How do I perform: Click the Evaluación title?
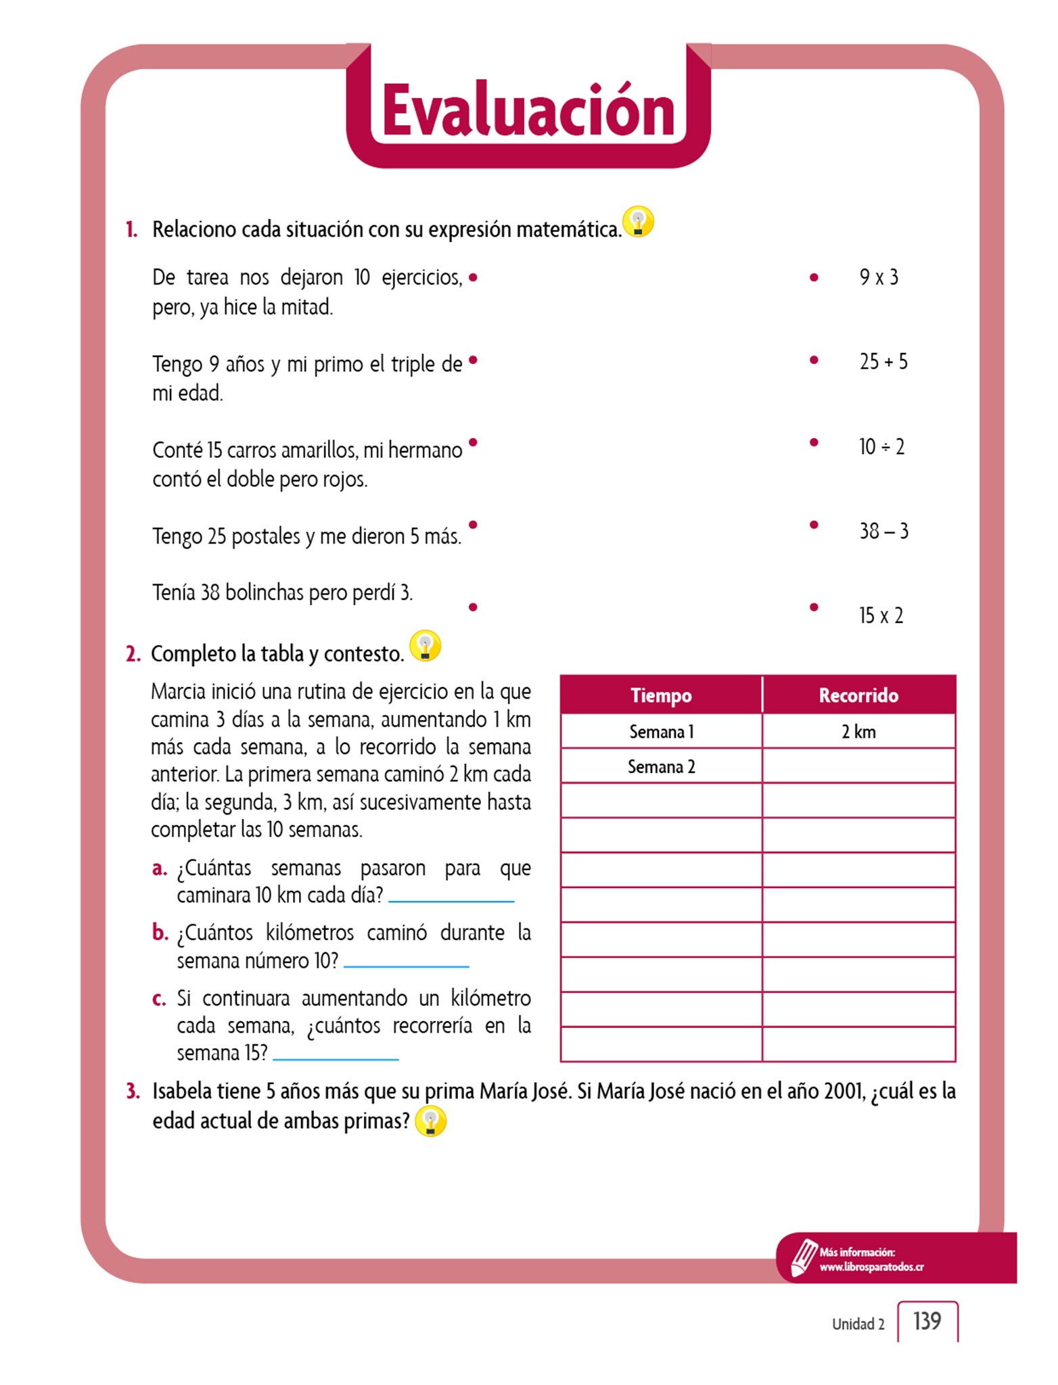click(528, 110)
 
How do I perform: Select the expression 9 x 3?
click(878, 277)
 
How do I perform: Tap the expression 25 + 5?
click(883, 362)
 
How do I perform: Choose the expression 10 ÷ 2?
click(881, 446)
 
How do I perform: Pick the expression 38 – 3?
click(883, 531)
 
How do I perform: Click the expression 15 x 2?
click(880, 615)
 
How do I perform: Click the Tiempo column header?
click(661, 695)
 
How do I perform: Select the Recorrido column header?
click(858, 695)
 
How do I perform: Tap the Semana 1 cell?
click(661, 732)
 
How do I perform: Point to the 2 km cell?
click(858, 732)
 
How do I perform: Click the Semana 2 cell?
click(661, 767)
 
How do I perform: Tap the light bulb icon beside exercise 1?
click(638, 221)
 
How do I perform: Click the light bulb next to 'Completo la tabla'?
click(425, 646)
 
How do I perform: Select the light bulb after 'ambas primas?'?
click(430, 1121)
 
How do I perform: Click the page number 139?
click(927, 1321)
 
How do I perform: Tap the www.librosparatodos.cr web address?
click(871, 1267)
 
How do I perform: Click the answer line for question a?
click(451, 899)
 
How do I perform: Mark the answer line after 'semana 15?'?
click(336, 1058)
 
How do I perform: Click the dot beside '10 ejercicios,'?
click(473, 277)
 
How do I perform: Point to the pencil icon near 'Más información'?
click(804, 1257)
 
